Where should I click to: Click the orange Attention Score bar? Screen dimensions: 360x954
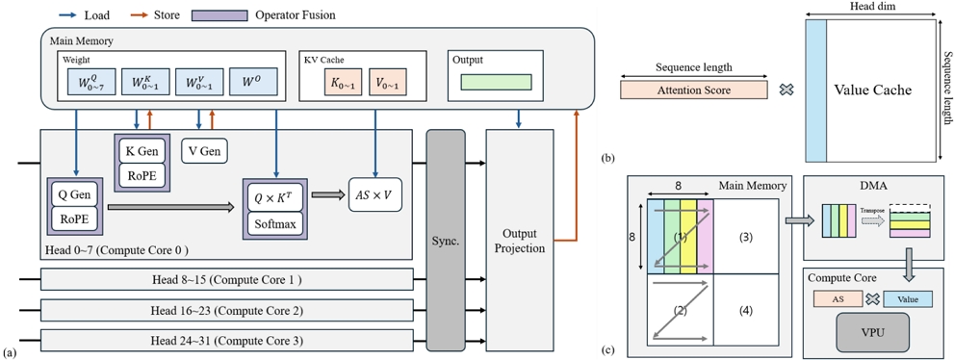694,90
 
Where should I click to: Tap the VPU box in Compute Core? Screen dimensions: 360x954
866,330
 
